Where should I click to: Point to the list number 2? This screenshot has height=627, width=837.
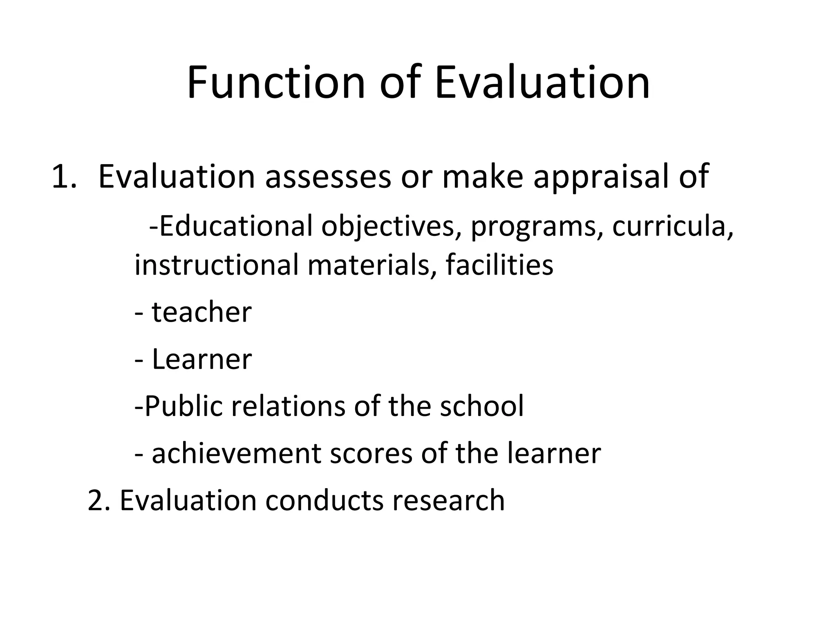click(98, 500)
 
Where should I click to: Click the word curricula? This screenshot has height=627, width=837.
click(673, 226)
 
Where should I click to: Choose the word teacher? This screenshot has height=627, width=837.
click(201, 313)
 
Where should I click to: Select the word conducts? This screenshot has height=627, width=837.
click(325, 500)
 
